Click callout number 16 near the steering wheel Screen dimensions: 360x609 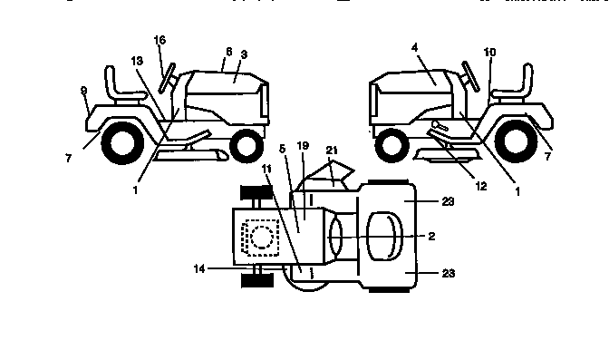tap(160, 41)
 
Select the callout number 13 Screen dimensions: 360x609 tap(137, 60)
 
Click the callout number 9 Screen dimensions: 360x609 tap(84, 91)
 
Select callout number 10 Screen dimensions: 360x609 tap(490, 53)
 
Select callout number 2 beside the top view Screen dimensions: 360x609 tap(432, 236)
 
